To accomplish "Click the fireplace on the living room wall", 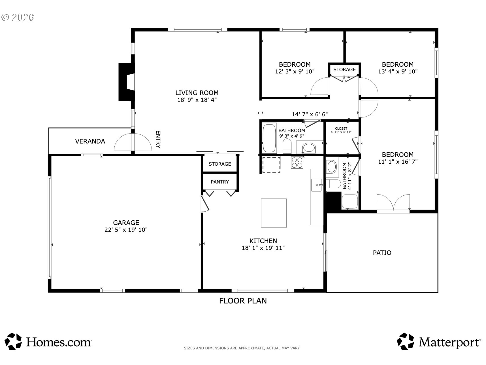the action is tap(126, 82).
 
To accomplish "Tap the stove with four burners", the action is tap(297, 163).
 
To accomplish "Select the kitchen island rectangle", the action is tap(274, 213).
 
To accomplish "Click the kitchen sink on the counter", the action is tap(317, 185).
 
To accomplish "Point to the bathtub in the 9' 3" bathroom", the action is tap(269, 138).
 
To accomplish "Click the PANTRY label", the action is tap(220, 182).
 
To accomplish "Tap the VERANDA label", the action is tap(90, 141).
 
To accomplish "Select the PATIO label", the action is tap(382, 253).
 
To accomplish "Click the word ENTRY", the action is tap(158, 140).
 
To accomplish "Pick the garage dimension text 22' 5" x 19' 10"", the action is tap(126, 230).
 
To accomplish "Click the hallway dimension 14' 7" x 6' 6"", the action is tap(310, 114).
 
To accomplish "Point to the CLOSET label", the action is tap(341, 128).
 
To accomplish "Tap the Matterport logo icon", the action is tap(405, 341).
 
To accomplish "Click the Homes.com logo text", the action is tap(59, 342).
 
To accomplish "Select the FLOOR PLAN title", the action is tap(243, 301).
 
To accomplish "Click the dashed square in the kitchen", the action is tap(271, 165).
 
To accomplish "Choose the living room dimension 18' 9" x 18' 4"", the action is tap(197, 100).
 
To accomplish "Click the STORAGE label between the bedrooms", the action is tap(344, 69).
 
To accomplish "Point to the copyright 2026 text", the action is tap(18, 18).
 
